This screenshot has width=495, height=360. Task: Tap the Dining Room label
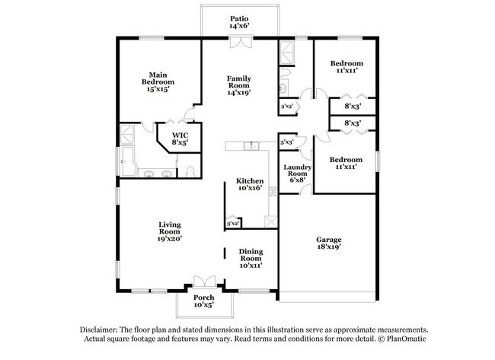[x=251, y=260]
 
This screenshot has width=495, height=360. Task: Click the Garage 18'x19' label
[x=329, y=243]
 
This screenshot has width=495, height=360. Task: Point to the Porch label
[x=203, y=301]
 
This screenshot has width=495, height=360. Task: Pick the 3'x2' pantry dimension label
[x=233, y=223]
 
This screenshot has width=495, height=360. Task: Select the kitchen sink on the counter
[x=252, y=146]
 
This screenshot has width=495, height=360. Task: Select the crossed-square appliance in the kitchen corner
[x=269, y=220]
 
